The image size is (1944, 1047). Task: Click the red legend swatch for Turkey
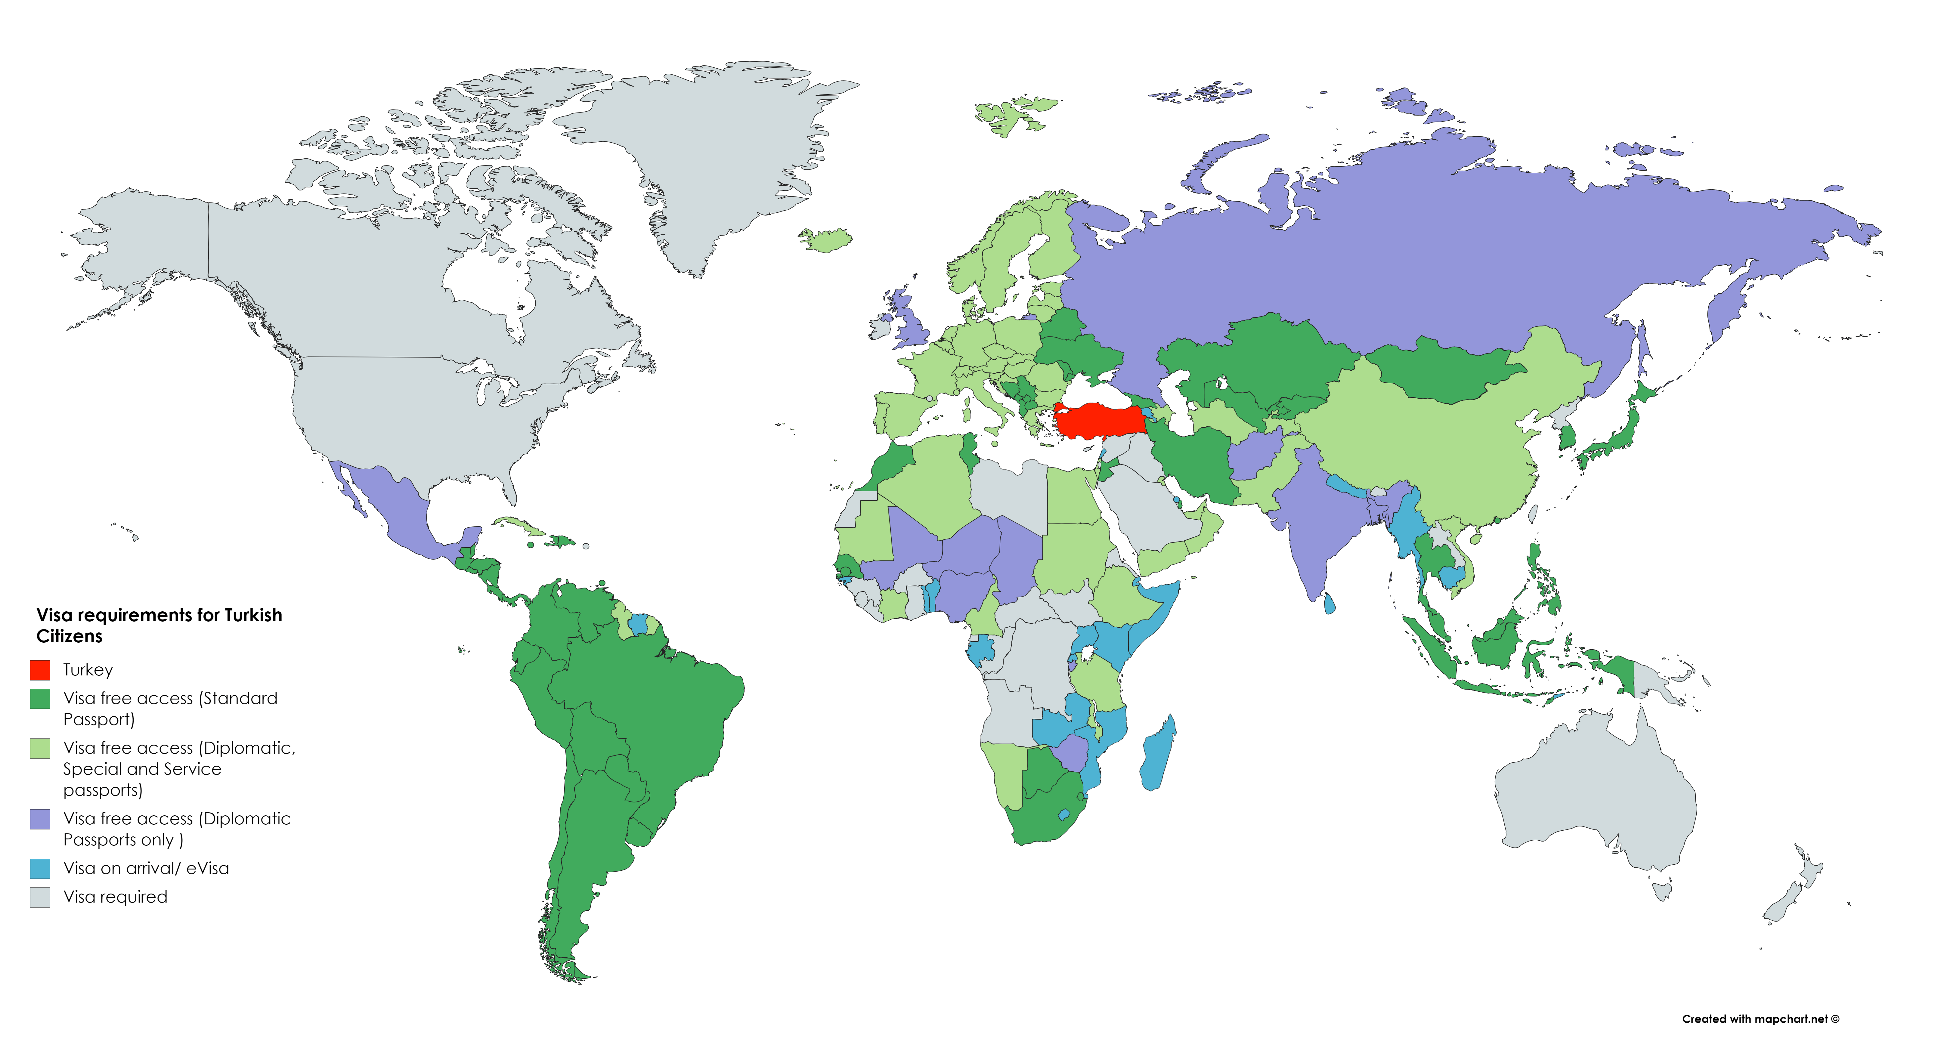click(40, 670)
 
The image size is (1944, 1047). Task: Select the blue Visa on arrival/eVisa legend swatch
click(40, 868)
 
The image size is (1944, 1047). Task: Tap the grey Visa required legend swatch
click(40, 897)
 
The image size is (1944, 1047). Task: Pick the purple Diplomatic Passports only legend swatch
click(40, 819)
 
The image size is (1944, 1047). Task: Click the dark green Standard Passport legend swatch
click(40, 699)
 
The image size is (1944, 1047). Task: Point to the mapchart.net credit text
click(1760, 1019)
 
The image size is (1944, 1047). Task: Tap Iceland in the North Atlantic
click(826, 240)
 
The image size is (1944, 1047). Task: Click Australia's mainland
click(1592, 792)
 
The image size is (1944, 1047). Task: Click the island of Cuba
click(521, 526)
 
